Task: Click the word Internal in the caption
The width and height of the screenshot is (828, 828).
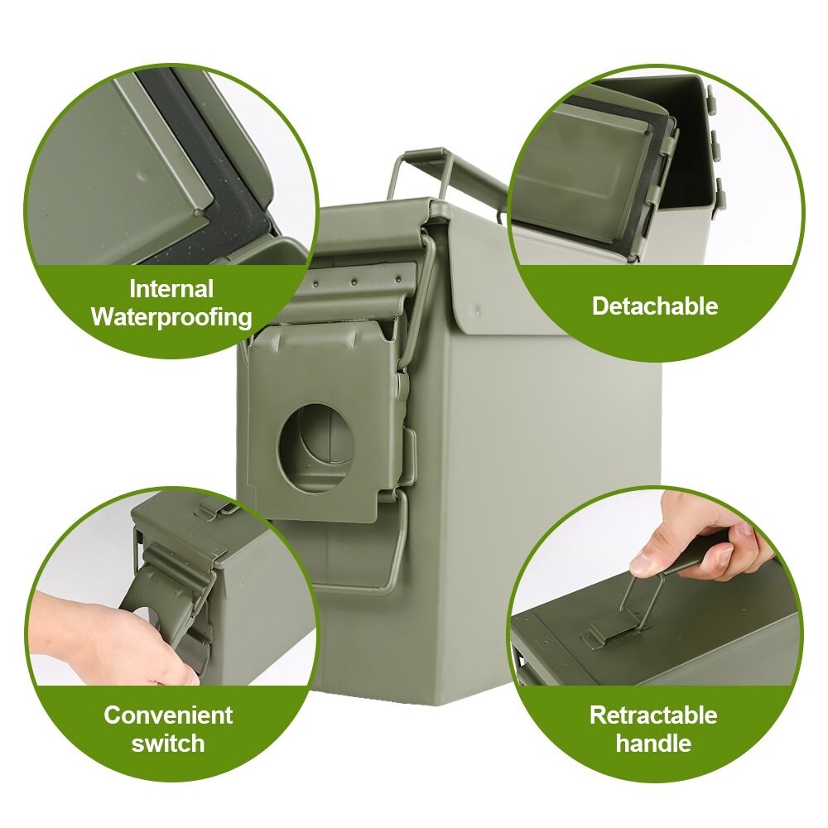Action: (171, 289)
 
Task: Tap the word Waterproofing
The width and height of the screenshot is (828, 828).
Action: (171, 316)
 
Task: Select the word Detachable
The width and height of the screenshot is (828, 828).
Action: (655, 306)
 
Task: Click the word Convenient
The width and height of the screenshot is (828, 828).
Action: (168, 715)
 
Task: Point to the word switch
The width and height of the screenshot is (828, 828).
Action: (168, 743)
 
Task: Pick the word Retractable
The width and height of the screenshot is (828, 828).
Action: (653, 715)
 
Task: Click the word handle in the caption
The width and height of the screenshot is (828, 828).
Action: (653, 743)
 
